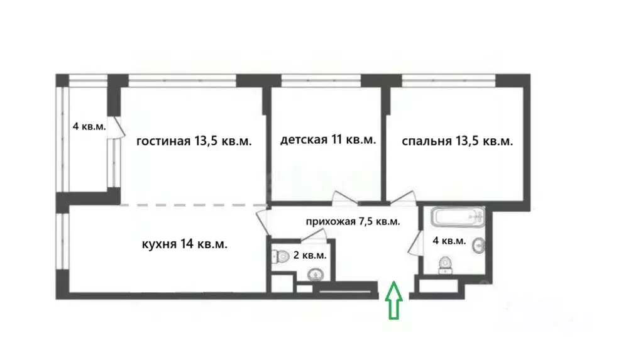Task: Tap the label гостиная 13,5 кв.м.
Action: click(x=194, y=141)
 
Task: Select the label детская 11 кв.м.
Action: click(x=328, y=139)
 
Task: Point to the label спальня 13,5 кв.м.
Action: click(x=457, y=141)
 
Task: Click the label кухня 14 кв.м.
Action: click(x=185, y=244)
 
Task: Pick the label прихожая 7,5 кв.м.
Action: click(x=353, y=222)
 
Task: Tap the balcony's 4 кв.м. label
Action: click(x=89, y=126)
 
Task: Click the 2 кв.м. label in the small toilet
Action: click(x=310, y=256)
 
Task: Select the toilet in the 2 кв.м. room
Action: click(x=278, y=256)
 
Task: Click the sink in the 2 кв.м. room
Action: click(x=314, y=275)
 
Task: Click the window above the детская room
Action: click(x=321, y=80)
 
